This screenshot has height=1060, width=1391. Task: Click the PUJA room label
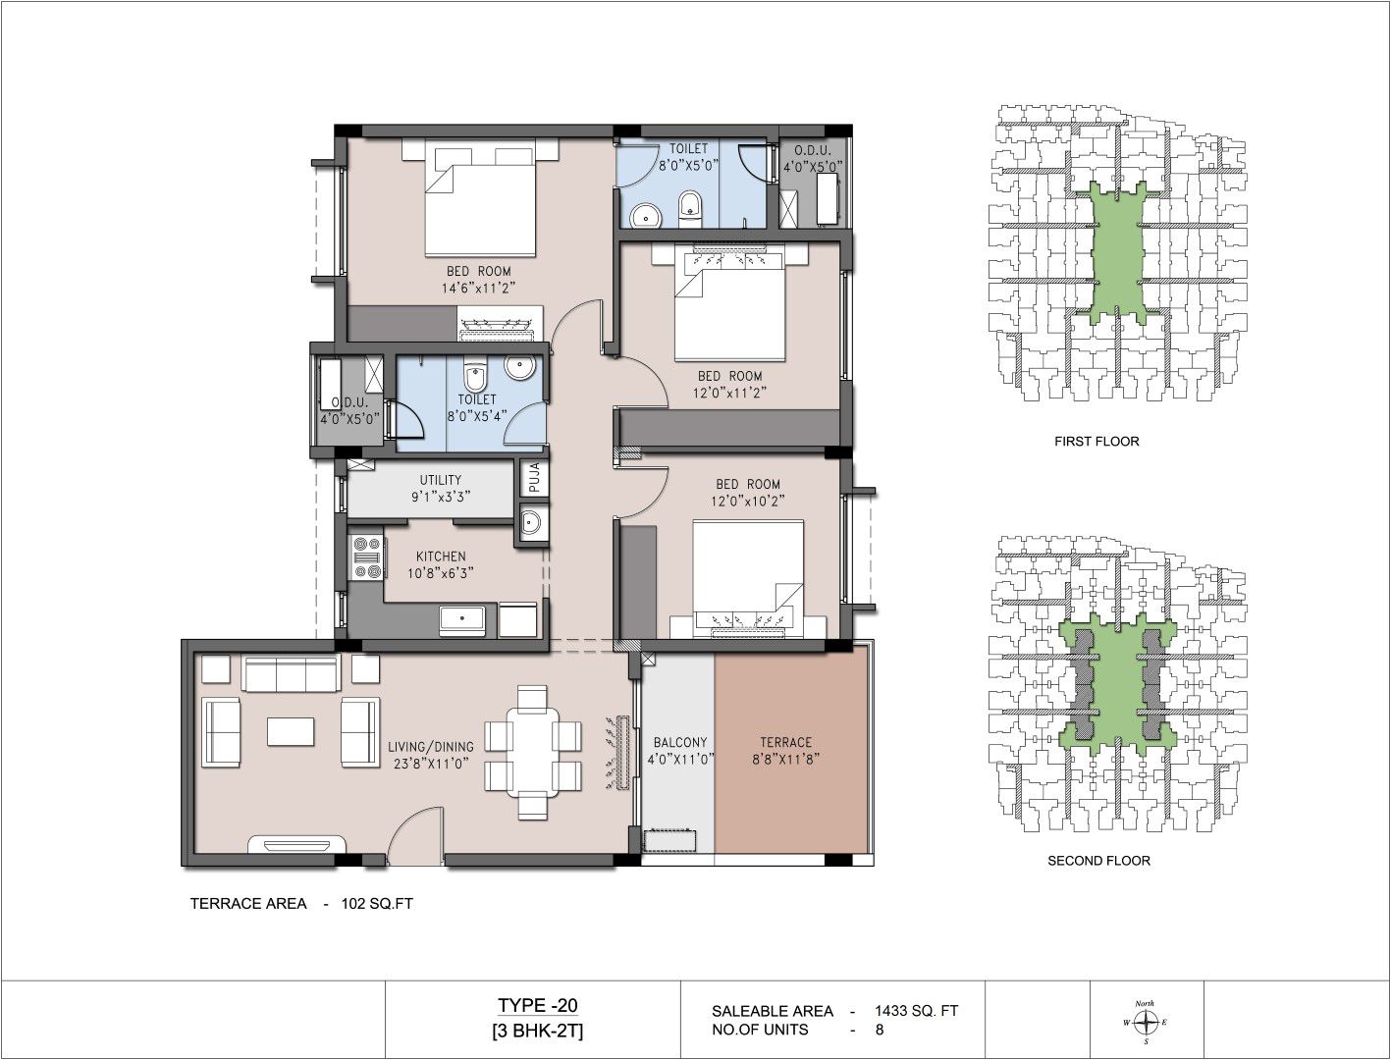534,477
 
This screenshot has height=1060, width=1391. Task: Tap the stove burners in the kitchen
367,557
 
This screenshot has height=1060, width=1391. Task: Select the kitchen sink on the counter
462,621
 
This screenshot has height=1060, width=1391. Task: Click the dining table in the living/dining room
532,752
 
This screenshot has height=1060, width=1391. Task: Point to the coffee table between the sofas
291,731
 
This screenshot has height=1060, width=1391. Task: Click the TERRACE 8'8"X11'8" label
785,750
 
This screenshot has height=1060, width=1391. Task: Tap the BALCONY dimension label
680,759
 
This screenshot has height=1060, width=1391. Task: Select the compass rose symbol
1146,1022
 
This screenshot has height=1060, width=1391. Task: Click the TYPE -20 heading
537,1005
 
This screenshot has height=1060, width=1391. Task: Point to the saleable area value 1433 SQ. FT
916,1011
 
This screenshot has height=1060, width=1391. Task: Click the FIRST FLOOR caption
1097,442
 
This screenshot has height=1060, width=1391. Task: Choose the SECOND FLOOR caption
1098,861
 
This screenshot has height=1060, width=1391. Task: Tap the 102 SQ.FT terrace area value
377,904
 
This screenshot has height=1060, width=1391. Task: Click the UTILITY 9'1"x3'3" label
441,489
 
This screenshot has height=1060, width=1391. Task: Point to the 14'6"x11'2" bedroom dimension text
478,288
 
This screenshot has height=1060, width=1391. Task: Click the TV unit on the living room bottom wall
296,845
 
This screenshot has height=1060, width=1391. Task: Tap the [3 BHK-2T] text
537,1031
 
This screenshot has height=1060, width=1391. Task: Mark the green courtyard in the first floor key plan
1118,253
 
